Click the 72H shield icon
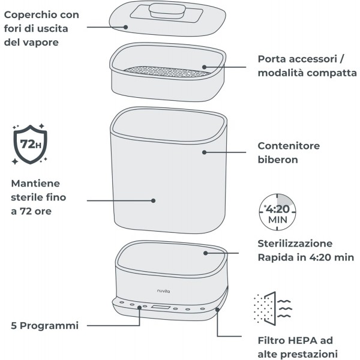(x=29, y=146)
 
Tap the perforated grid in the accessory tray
(x=167, y=71)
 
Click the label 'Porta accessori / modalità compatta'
(x=307, y=66)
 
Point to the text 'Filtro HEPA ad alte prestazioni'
(x=296, y=346)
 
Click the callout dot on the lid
(x=126, y=26)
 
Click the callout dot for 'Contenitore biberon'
(x=205, y=152)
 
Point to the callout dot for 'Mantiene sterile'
(x=152, y=201)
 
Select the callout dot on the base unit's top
(x=205, y=253)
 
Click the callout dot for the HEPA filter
(x=217, y=310)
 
